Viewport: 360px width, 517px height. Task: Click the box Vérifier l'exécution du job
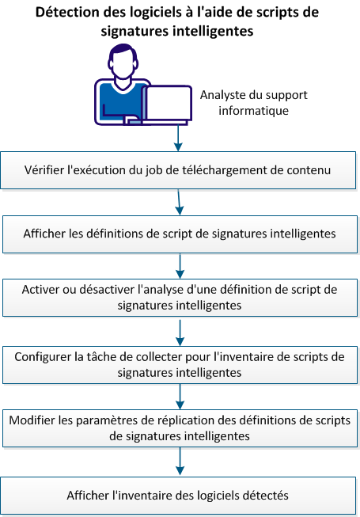pyautogui.click(x=180, y=169)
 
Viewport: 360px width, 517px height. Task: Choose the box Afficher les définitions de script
pyautogui.click(x=180, y=234)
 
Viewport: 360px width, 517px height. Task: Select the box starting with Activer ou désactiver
pyautogui.click(x=180, y=298)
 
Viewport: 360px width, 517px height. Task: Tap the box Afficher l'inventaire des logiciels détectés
pyautogui.click(x=180, y=495)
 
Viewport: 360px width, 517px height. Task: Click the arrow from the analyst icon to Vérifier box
pyautogui.click(x=180, y=138)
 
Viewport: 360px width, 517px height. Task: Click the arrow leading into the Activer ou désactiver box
pyautogui.click(x=180, y=265)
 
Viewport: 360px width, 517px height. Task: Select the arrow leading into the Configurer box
pyautogui.click(x=180, y=330)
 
